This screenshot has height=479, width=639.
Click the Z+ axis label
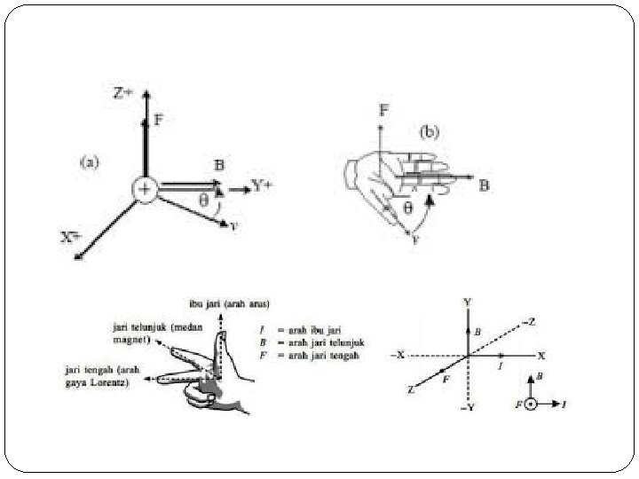[122, 90]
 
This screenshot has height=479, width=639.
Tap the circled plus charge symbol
[143, 188]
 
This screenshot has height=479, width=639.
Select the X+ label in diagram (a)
[71, 237]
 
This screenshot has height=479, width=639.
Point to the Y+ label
[262, 186]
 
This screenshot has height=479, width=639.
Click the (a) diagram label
[90, 161]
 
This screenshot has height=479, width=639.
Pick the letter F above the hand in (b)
[383, 110]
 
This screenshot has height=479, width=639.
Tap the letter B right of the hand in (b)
[484, 186]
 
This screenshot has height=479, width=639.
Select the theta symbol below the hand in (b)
[407, 208]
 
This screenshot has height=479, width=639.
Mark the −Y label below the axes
[467, 408]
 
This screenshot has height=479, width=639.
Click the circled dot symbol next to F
[531, 404]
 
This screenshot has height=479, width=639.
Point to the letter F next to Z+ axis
[158, 118]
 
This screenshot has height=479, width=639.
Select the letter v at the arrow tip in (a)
[233, 225]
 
